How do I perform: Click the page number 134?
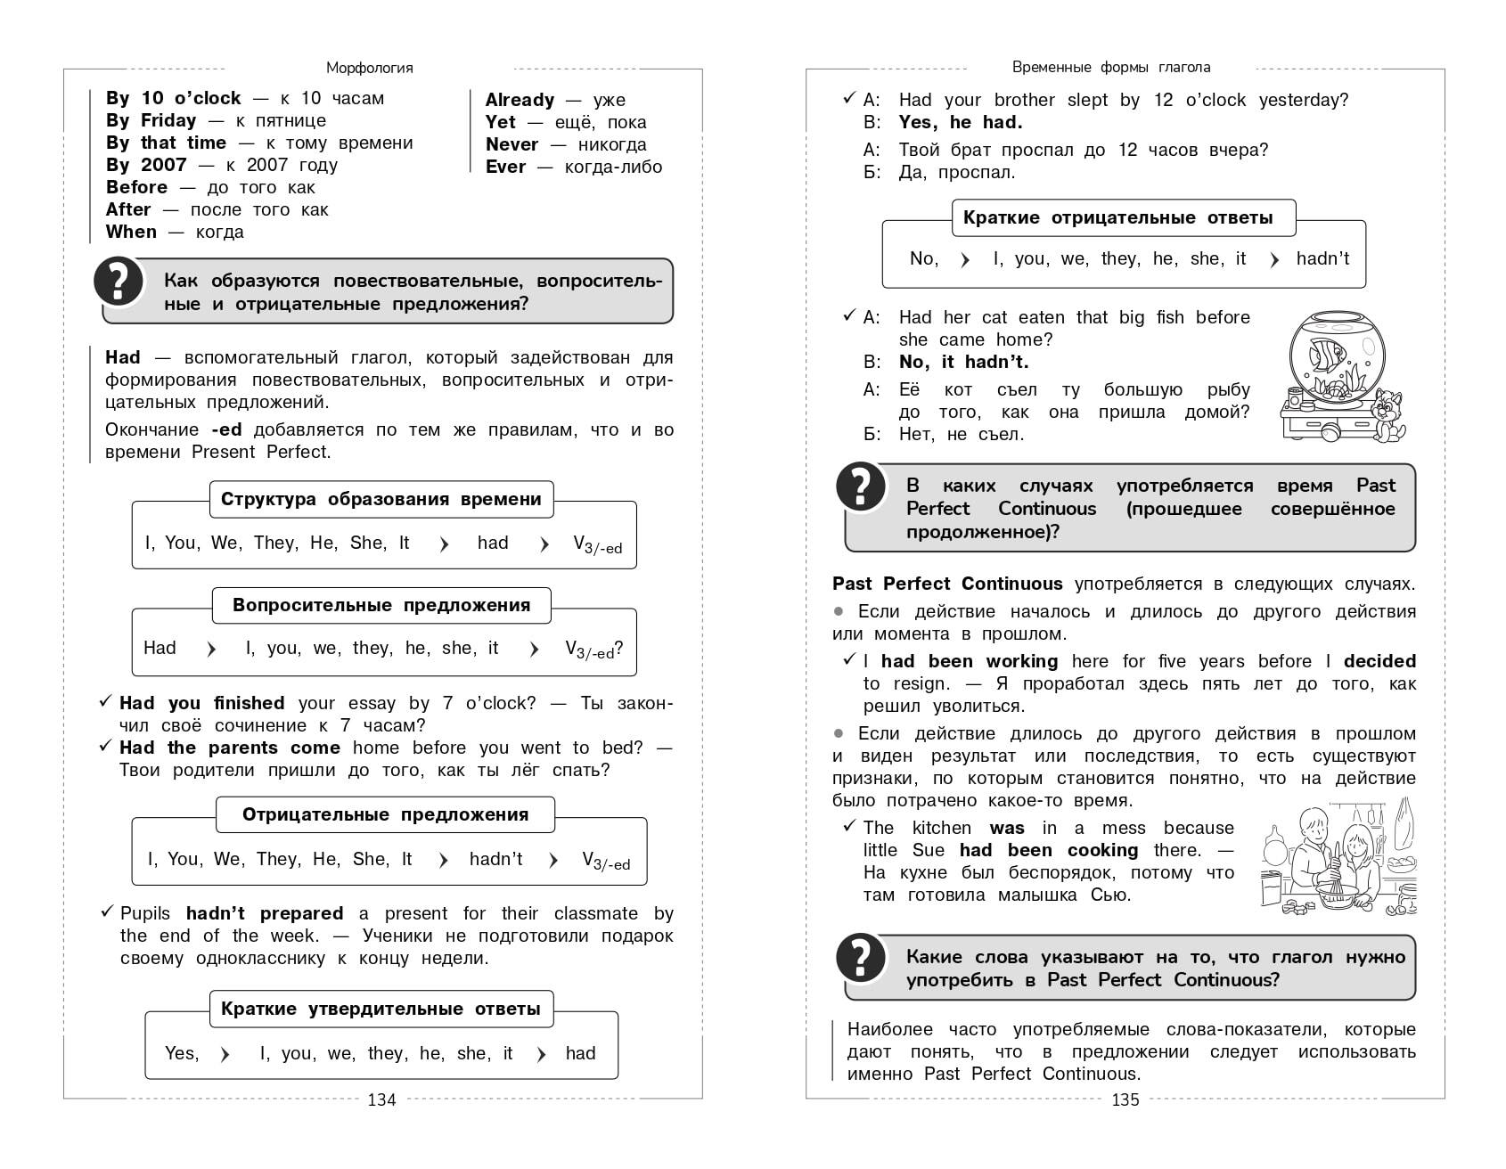381,1100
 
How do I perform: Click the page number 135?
1125,1100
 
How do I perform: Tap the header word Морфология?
369,68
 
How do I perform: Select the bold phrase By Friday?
151,120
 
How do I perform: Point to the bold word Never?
512,144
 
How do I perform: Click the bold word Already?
520,100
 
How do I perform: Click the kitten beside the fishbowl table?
1387,414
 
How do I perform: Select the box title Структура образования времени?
381,499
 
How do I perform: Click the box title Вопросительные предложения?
381,605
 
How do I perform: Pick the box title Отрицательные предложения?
385,814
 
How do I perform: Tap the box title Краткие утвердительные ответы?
381,1009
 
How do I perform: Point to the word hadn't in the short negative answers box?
1322,258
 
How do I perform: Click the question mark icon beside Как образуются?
119,281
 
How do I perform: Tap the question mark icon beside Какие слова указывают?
860,958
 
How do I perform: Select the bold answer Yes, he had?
960,122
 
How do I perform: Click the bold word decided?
1379,661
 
